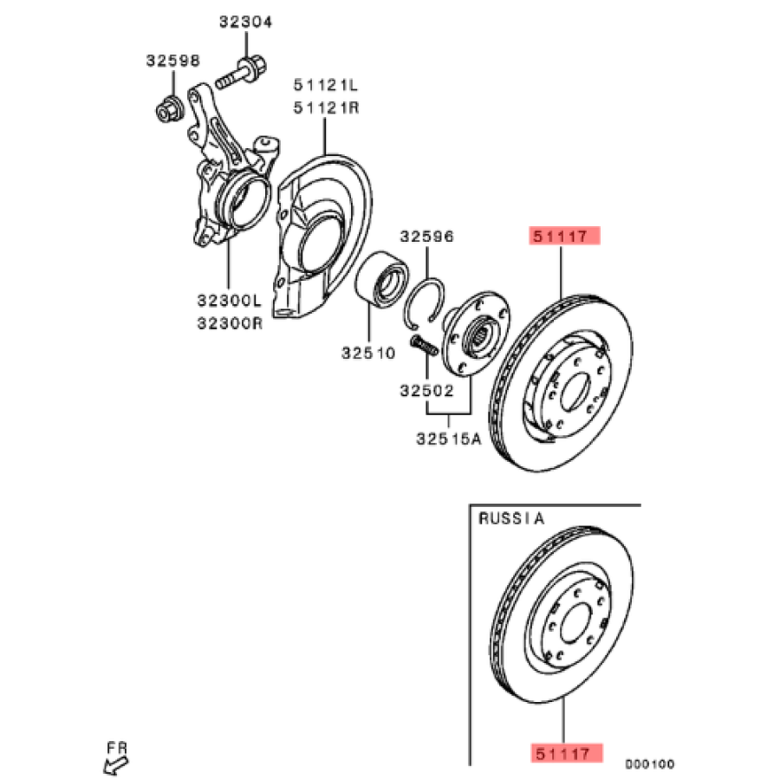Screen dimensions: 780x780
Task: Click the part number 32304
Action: (245, 23)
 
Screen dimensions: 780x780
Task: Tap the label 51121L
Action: (325, 85)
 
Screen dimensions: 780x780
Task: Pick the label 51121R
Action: (325, 107)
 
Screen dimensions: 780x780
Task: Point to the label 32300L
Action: (228, 301)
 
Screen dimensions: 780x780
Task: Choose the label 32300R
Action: (228, 322)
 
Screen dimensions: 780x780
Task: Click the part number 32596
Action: (426, 236)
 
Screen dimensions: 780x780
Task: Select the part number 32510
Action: (367, 353)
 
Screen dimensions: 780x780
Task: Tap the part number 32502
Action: (426, 390)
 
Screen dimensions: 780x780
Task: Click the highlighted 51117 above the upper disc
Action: (564, 236)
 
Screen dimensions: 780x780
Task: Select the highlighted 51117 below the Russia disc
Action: (564, 754)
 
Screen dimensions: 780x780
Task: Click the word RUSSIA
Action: (511, 519)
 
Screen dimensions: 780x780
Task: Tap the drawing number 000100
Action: (650, 764)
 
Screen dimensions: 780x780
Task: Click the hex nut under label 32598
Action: (167, 110)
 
